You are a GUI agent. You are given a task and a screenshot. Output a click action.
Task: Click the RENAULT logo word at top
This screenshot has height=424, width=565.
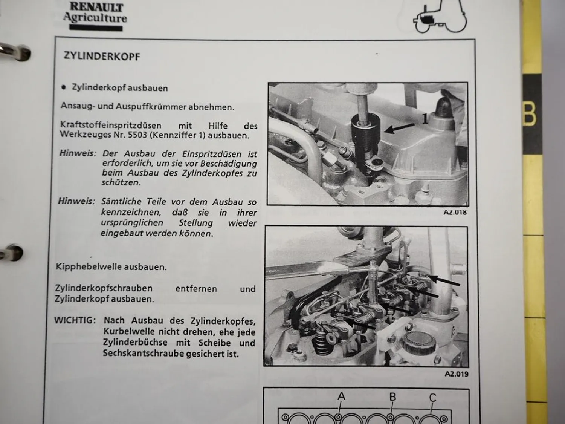[96, 6]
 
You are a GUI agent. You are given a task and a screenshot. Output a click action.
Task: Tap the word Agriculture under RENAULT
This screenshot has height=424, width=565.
[95, 17]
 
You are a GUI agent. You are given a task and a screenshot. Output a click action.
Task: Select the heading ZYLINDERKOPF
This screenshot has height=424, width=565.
[102, 56]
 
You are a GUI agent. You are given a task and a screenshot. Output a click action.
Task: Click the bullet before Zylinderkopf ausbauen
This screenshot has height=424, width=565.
[63, 87]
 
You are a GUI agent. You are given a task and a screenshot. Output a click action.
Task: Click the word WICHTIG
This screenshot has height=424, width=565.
[75, 320]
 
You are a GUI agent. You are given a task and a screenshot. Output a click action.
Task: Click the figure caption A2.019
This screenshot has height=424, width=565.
[456, 374]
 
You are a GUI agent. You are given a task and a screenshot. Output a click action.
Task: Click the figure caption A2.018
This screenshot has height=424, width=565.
[455, 212]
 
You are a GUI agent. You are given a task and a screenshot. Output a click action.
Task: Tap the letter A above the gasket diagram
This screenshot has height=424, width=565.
[341, 396]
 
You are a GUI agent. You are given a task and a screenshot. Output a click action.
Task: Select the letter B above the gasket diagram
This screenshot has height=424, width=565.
[392, 397]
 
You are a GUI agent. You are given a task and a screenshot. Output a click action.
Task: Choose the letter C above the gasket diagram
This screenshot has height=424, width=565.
[432, 398]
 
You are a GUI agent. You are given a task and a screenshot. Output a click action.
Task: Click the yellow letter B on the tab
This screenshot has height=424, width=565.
[530, 114]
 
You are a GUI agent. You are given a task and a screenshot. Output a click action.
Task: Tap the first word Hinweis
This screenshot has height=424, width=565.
[77, 154]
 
